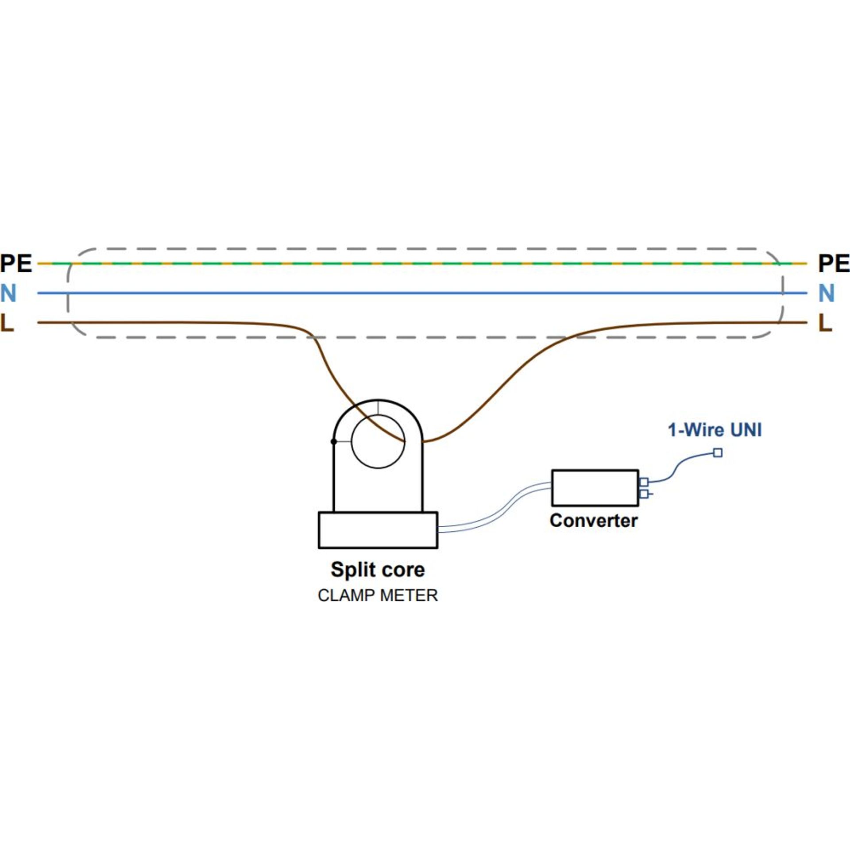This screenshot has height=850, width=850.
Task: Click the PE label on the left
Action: (x=16, y=263)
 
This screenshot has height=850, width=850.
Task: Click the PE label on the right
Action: (x=834, y=263)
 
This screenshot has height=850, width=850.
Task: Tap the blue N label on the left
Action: (x=8, y=293)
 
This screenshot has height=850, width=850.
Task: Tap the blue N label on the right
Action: (x=826, y=293)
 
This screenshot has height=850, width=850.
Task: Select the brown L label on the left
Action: (x=8, y=323)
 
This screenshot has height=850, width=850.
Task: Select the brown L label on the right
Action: (x=825, y=323)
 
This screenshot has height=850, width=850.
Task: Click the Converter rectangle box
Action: (x=595, y=488)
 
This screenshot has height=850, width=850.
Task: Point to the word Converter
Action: (x=593, y=521)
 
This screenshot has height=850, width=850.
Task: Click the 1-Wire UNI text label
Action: (x=715, y=430)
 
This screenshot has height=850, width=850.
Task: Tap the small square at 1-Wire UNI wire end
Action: (x=718, y=453)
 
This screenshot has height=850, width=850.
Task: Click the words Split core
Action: (x=378, y=569)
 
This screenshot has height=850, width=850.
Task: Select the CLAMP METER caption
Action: (x=378, y=595)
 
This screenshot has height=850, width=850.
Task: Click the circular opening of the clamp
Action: (x=378, y=441)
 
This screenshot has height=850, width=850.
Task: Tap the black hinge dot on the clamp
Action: (x=334, y=442)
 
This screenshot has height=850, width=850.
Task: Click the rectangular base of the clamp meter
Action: (x=378, y=530)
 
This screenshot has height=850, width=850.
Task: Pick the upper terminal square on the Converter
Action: (x=644, y=482)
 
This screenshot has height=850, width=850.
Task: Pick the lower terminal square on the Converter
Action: (x=644, y=494)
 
